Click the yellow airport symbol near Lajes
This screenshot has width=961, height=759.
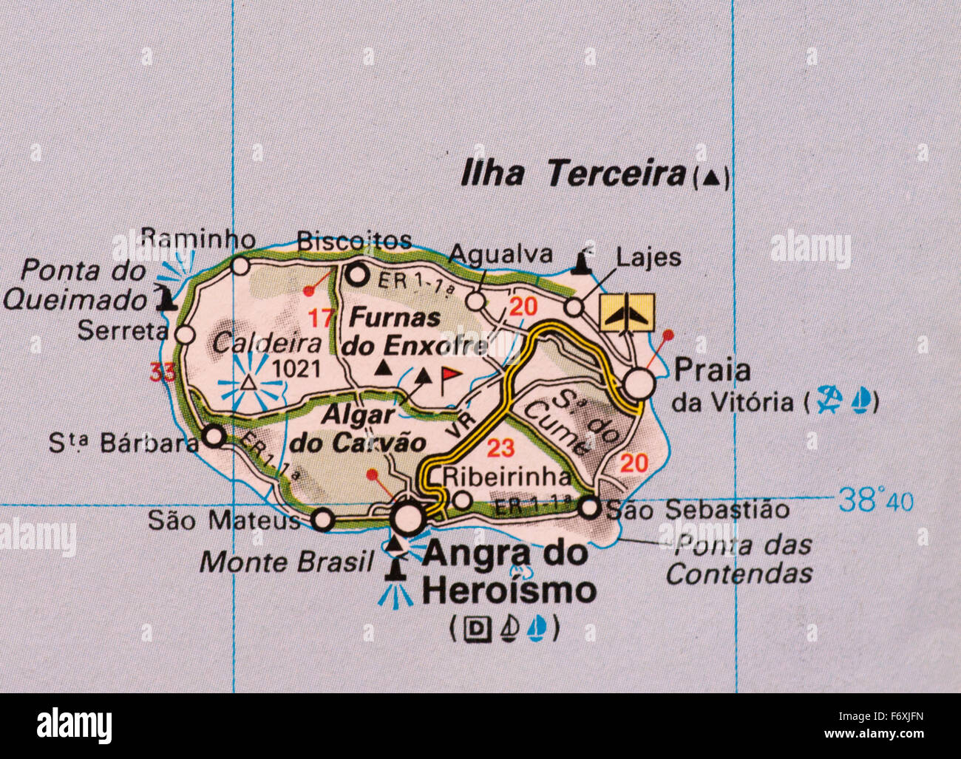627,312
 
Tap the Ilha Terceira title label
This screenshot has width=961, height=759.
573,174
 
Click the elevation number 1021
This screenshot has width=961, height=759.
296,368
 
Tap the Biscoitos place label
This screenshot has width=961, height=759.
353,240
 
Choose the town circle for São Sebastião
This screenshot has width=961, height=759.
589,508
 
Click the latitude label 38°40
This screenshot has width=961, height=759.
876,502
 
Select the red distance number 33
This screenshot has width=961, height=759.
163,372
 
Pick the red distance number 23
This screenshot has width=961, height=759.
500,448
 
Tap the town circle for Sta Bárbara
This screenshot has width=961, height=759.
214,436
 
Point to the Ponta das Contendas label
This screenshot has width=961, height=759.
739,559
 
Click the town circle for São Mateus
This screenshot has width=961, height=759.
322,520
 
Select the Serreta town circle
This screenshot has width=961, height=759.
186,336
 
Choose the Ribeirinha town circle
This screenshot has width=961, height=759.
462,500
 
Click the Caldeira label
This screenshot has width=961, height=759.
267,343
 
